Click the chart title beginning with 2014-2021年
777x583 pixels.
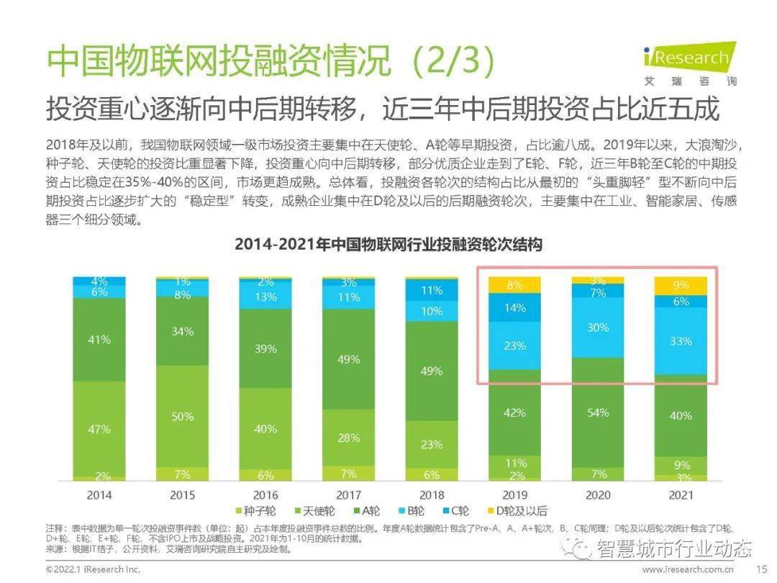388,245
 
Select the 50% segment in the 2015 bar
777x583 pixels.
183,416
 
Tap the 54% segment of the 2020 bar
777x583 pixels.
598,412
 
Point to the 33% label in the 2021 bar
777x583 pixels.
681,341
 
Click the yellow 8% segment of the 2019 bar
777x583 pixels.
514,285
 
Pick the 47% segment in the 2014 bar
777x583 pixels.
99,429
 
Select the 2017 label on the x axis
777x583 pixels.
349,495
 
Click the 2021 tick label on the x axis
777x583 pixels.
681,495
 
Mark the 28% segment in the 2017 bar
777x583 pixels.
349,438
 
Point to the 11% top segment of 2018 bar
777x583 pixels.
432,291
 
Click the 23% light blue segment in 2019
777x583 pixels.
514,345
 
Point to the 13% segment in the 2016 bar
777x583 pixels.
265,297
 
